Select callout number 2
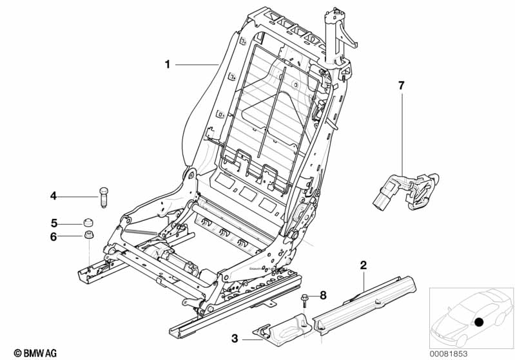(364, 265)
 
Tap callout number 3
(235, 337)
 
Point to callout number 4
(54, 195)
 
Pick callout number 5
(54, 223)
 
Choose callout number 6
(54, 237)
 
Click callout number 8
(324, 295)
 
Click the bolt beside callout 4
(104, 195)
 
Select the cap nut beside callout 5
(86, 223)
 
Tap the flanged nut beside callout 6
(86, 236)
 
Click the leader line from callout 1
(197, 64)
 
